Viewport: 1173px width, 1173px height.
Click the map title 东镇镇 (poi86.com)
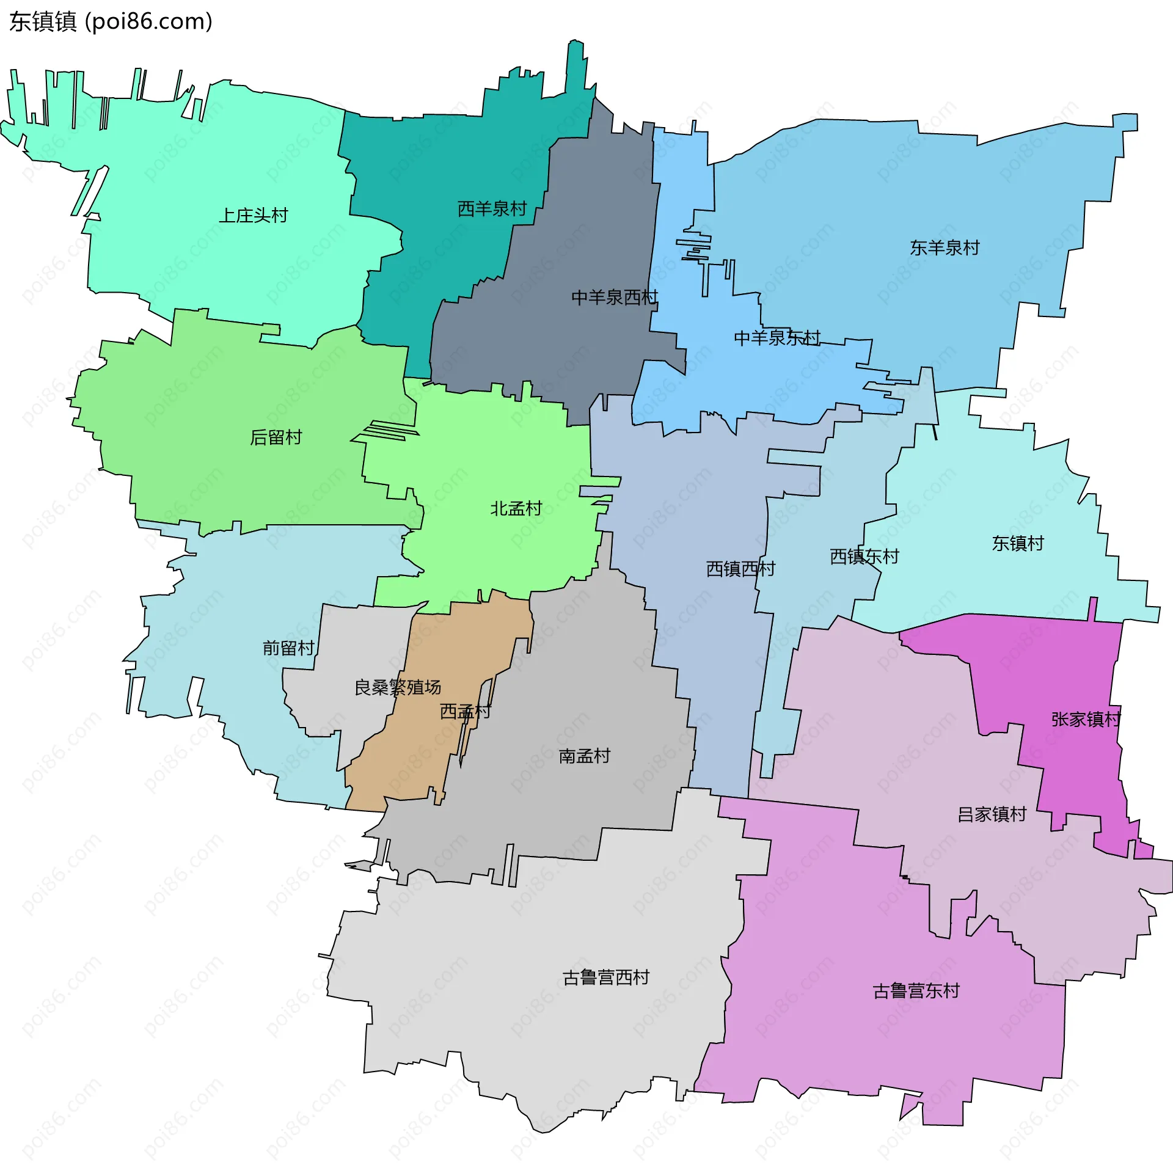[x=111, y=22]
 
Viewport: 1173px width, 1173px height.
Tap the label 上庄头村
[x=253, y=216]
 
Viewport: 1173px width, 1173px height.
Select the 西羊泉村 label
[x=492, y=209]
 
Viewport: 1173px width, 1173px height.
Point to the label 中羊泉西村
[x=614, y=298]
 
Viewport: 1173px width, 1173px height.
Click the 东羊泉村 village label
[x=945, y=247]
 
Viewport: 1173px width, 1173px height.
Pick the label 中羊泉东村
[x=777, y=338]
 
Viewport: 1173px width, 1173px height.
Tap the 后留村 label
[x=276, y=437]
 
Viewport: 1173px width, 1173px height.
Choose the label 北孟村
[x=516, y=508]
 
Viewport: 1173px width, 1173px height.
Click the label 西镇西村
[x=740, y=569]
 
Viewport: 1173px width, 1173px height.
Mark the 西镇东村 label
[x=864, y=556]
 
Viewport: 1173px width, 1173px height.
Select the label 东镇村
[x=1018, y=543]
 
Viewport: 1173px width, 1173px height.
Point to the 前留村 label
[x=288, y=648]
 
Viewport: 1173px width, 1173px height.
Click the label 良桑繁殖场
[x=398, y=687]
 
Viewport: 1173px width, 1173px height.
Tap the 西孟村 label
[x=465, y=711]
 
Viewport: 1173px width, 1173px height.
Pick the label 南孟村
[x=584, y=756]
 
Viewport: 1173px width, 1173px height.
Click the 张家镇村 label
[x=1086, y=719]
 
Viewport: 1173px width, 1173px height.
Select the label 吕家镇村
[x=992, y=814]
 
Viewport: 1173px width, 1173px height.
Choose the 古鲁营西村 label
[x=605, y=977]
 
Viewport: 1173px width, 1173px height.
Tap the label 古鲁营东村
[x=916, y=990]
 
